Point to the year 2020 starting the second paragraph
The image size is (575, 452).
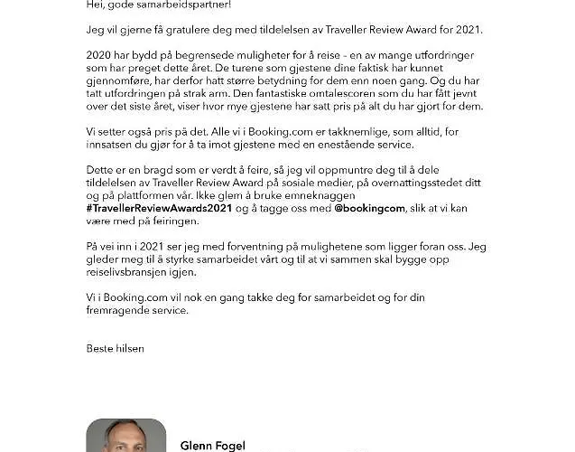point(98,55)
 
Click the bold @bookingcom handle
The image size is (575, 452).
point(369,208)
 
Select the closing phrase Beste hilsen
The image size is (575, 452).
point(115,348)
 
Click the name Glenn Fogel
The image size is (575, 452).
point(213,446)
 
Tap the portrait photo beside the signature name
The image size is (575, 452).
point(125,436)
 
